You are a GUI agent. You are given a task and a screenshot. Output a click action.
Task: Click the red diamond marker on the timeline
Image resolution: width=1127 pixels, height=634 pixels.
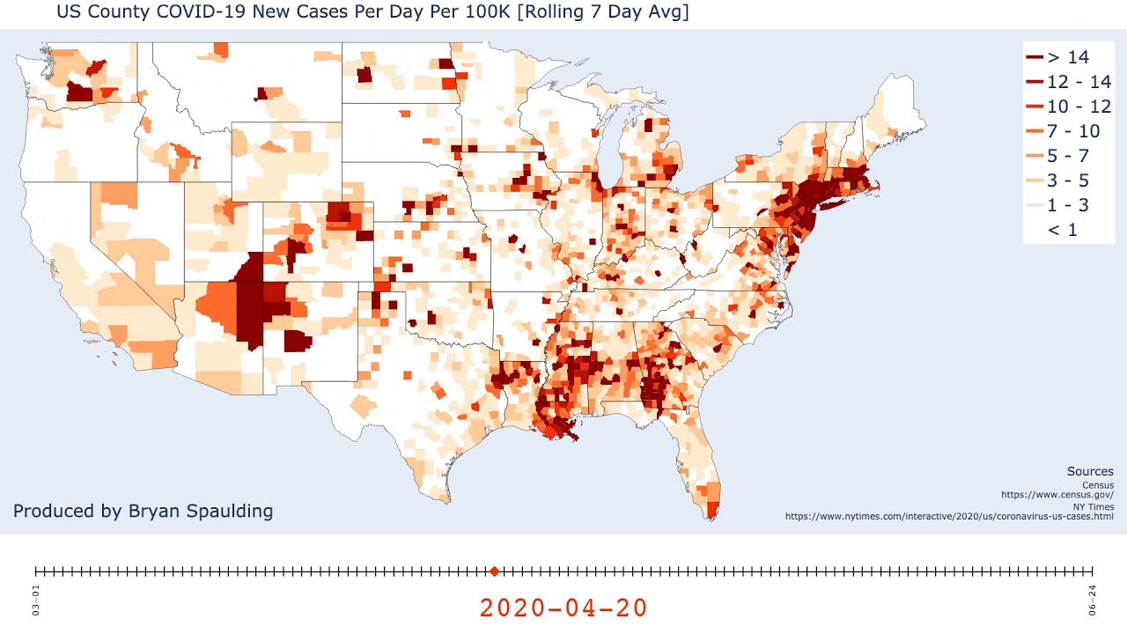click(x=494, y=571)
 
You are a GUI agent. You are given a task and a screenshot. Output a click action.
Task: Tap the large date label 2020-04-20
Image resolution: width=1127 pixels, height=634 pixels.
click(x=563, y=608)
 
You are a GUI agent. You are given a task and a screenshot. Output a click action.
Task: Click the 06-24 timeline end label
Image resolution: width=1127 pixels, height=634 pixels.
click(x=1092, y=600)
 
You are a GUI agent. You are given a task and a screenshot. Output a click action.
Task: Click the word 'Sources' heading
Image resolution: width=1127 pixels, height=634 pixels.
click(x=1090, y=472)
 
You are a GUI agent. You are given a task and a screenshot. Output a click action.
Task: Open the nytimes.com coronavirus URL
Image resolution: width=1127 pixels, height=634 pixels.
click(x=949, y=516)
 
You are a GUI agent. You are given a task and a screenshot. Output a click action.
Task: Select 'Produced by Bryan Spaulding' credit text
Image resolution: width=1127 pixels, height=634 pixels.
click(x=143, y=511)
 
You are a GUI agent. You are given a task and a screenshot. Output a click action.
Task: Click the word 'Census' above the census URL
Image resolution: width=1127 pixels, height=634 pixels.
click(x=1097, y=485)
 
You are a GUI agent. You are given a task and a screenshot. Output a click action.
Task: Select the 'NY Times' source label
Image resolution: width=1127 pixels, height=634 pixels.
click(x=1094, y=506)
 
